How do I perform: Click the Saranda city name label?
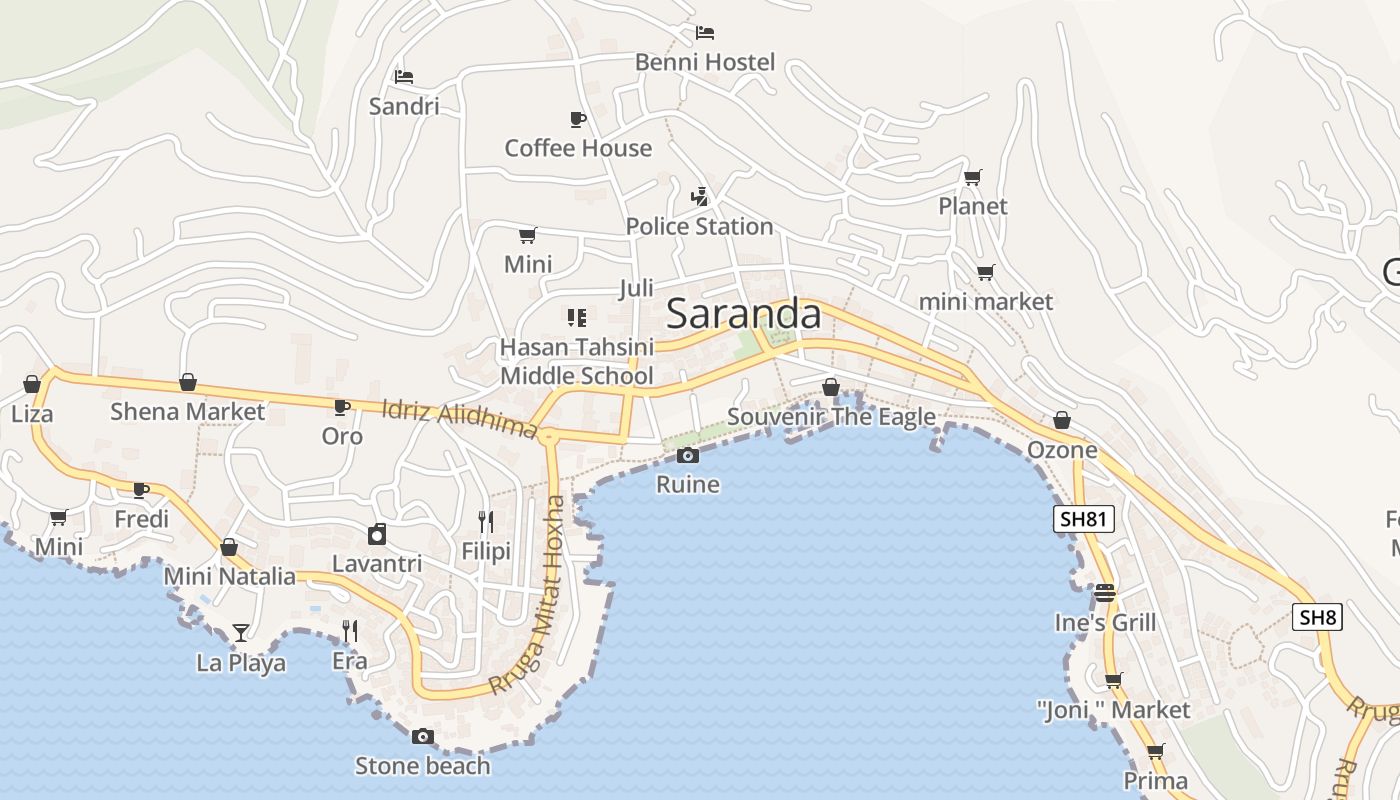point(743,314)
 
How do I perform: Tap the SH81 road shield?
point(1084,519)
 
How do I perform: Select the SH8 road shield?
point(1317,617)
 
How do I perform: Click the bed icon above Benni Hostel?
point(705,33)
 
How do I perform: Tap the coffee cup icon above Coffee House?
point(578,120)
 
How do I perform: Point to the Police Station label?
point(699,227)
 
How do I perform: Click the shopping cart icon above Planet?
point(972,178)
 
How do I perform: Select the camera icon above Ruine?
point(688,456)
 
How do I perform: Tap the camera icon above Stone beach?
point(423,737)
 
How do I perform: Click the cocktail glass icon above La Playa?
point(240,632)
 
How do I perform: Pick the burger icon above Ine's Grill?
point(1105,593)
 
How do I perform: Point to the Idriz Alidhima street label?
point(460,417)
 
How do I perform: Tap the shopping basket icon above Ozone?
point(1062,421)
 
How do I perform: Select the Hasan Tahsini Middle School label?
point(577,361)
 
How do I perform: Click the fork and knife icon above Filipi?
point(486,521)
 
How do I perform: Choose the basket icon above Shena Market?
point(187,383)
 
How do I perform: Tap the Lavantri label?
point(377,564)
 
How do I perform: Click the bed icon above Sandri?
point(404,77)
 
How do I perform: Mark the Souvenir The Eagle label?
point(831,417)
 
